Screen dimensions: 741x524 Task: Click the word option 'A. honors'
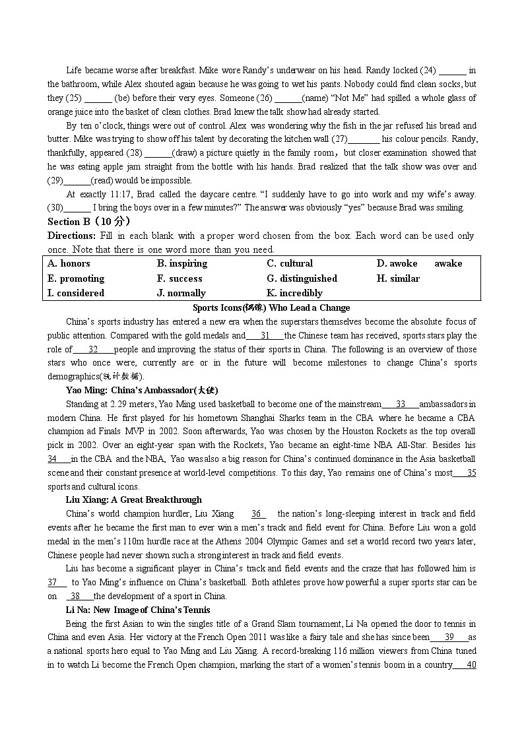coord(69,263)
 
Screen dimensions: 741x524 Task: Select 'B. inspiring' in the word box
coord(182,263)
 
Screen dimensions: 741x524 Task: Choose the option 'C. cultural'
coord(290,263)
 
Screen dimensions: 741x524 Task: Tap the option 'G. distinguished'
coord(302,278)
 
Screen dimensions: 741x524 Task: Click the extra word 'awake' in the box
coord(448,263)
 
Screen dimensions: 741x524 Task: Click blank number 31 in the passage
coord(265,336)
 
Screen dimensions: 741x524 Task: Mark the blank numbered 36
coord(258,513)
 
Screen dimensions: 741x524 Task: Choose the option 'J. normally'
coord(181,293)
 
